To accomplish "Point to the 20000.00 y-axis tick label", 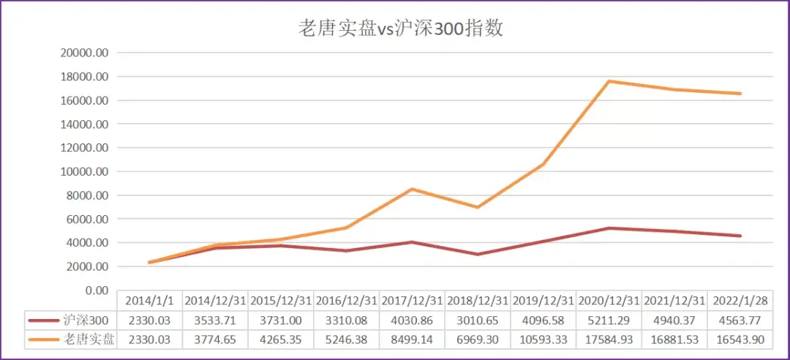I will (x=84, y=53).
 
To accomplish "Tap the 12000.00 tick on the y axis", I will (x=84, y=148).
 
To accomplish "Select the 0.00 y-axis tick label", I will (x=96, y=290).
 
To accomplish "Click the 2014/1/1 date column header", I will (x=150, y=301).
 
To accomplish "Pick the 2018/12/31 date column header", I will (x=478, y=301).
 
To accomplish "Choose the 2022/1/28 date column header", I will (x=740, y=301).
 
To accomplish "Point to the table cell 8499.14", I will (x=413, y=339).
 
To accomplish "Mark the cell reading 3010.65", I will (x=478, y=320).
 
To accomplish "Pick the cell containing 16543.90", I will (x=740, y=339).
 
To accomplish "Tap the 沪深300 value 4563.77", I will (x=740, y=320).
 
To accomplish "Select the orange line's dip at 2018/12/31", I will (x=478, y=207).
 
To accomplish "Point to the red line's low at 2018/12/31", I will (x=478, y=255).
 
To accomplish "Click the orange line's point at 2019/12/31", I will (x=543, y=164).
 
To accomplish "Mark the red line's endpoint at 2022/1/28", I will (x=740, y=236).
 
